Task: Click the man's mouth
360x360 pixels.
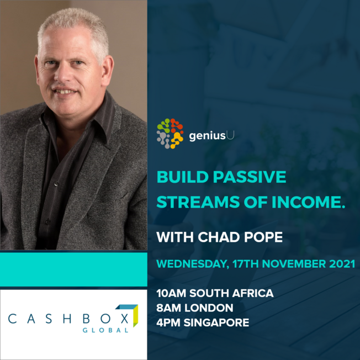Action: (x=65, y=91)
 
